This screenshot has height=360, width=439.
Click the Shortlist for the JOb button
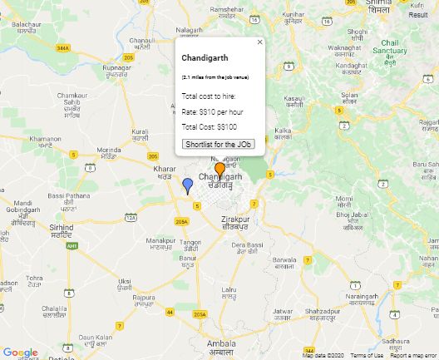(218, 144)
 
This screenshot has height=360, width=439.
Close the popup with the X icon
(259, 42)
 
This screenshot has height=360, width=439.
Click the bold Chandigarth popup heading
(204, 58)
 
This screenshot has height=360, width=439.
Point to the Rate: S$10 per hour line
(212, 111)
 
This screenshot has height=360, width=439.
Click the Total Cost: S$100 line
(210, 126)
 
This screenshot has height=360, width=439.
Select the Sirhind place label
(61, 226)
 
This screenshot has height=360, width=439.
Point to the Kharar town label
(165, 170)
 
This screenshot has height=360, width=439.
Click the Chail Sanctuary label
(393, 47)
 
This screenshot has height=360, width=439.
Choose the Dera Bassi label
(247, 245)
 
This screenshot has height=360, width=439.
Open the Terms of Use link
(367, 356)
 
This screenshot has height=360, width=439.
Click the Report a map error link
(414, 356)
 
